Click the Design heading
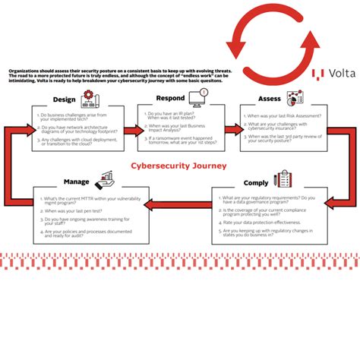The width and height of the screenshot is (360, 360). [x=65, y=99]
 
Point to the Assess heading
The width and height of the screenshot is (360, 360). [x=270, y=99]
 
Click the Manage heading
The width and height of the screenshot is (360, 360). [x=77, y=182]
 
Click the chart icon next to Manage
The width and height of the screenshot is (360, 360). [x=105, y=179]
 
